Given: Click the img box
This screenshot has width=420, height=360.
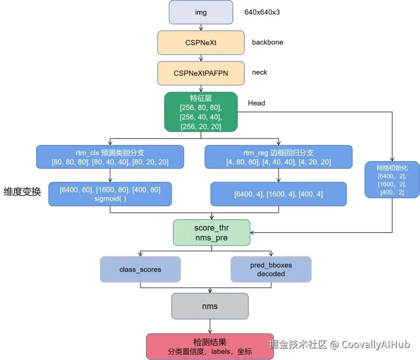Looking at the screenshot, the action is point(201,12).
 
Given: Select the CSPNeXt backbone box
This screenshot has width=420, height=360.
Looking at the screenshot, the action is point(201,43).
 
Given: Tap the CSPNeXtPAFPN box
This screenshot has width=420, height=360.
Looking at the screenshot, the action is point(201,73).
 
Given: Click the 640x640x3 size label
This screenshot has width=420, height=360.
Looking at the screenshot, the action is point(262,12).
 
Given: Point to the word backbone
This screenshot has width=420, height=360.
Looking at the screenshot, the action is point(268,42).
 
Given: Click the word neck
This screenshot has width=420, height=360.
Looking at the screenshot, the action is point(259,72).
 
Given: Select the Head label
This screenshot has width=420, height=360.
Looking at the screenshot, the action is point(257,103).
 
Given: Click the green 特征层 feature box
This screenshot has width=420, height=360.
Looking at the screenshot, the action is point(201,112).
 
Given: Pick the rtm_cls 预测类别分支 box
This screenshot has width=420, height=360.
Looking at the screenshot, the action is point(110,157).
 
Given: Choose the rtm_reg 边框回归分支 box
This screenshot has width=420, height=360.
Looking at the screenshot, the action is point(278,157).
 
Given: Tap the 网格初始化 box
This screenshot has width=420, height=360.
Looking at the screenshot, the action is point(392,180).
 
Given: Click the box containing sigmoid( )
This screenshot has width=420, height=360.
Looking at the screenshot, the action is point(110,194).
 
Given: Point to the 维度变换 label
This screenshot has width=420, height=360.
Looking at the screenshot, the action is point(22,192).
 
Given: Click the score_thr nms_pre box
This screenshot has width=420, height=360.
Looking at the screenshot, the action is point(212,233).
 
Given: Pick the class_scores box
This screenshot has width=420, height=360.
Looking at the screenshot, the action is point(140,269).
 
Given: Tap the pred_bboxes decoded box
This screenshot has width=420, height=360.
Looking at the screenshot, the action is point(271,269).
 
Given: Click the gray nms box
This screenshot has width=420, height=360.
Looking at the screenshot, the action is point(210,306).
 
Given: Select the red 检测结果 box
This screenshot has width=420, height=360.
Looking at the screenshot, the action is point(210,347).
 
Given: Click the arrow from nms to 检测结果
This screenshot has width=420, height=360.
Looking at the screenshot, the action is point(210,326).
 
